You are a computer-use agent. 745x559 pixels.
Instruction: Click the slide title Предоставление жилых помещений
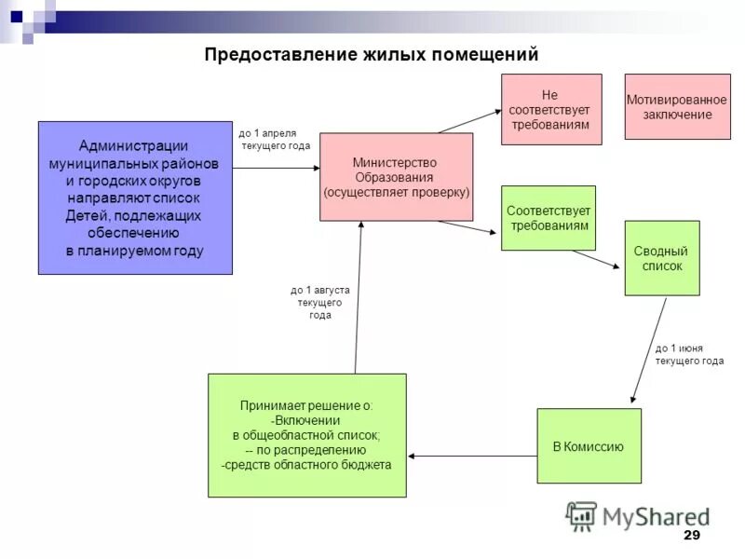tap(372, 55)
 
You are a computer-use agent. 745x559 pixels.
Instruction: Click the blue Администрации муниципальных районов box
tap(135, 198)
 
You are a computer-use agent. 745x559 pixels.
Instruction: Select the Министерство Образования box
tap(396, 177)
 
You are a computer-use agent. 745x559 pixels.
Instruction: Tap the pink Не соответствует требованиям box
tap(551, 109)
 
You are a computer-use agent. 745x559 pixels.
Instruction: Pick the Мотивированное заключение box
tap(677, 107)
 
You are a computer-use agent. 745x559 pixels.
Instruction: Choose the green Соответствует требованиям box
tap(548, 218)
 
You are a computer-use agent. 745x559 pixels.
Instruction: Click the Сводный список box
tap(661, 258)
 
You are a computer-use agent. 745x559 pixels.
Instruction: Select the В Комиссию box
tap(589, 446)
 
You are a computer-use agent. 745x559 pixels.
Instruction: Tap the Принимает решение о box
tap(306, 435)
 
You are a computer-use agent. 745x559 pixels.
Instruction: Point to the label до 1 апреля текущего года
tap(275, 140)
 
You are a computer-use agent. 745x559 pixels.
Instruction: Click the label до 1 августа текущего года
tap(319, 303)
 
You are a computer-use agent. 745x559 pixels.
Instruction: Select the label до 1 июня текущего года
tap(689, 354)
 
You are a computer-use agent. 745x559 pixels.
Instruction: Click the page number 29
tap(691, 535)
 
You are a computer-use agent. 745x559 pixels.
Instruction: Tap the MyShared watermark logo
tap(638, 515)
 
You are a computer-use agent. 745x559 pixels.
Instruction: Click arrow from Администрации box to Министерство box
tap(276, 168)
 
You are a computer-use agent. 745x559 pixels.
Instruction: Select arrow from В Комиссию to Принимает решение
tap(472, 456)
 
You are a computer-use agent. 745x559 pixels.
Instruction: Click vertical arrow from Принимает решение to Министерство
tap(359, 298)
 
